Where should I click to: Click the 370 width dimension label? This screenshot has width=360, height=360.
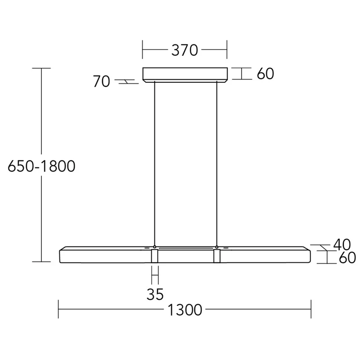184,50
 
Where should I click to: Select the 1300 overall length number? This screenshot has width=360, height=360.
185,310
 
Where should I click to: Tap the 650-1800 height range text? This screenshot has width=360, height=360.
41,166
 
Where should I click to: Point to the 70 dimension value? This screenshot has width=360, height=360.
101,81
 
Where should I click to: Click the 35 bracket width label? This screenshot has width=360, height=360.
155,294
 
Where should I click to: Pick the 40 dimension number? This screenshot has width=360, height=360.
342,244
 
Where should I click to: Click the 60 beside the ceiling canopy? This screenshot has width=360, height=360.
265,73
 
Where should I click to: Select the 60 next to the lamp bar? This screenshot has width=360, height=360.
347,257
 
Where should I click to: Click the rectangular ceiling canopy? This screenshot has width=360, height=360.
185,75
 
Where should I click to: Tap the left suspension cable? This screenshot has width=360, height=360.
155,163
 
